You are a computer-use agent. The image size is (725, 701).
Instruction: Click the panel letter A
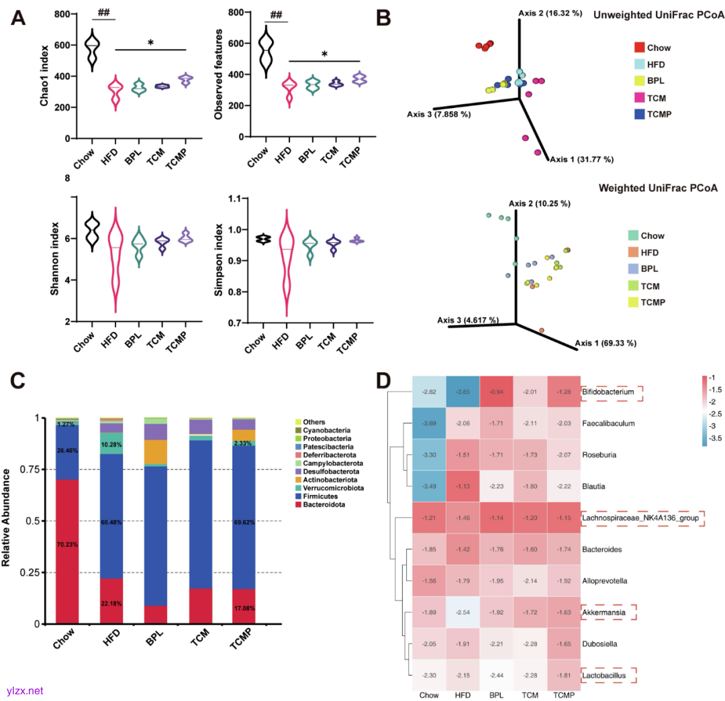point(18,18)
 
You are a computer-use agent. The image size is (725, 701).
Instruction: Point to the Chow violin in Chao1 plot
point(92,48)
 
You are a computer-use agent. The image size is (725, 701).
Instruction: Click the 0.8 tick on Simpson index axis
point(234,292)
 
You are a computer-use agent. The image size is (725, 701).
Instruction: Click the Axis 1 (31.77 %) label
point(581,160)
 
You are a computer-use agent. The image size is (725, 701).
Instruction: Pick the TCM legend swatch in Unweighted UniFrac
point(640,98)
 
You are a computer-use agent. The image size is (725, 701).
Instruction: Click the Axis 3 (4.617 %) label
point(467,320)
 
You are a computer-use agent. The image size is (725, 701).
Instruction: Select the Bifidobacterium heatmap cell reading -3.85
point(463,391)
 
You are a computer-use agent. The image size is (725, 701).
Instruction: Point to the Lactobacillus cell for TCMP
point(564,676)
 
